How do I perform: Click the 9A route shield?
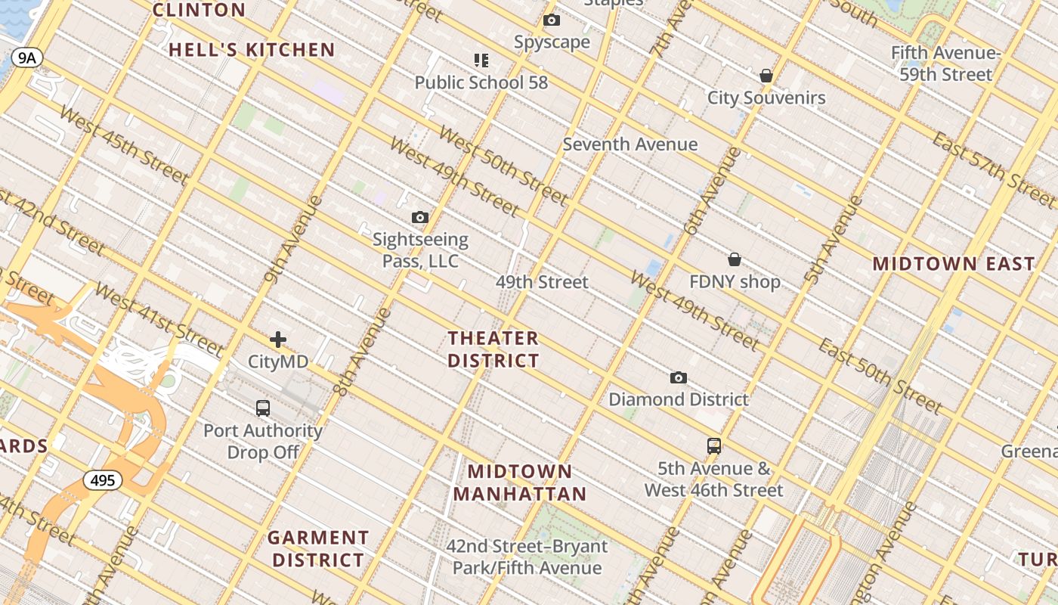coord(26,57)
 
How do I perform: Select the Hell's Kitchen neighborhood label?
coord(252,51)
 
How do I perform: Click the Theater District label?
coord(493,349)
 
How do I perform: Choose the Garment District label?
coord(318,549)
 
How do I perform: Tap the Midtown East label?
coord(954,264)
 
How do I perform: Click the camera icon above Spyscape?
coord(552,20)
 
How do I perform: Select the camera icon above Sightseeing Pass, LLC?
coord(420,218)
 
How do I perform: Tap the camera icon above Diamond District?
coord(679,377)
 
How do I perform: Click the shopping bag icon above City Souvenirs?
coord(766,76)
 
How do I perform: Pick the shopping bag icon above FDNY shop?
coord(734,259)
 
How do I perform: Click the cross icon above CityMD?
coord(278,340)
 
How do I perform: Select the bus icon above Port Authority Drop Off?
coord(263,408)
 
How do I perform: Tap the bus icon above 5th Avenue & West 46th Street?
coord(713,445)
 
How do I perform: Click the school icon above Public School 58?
coord(481,60)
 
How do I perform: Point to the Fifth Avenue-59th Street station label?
coord(945,64)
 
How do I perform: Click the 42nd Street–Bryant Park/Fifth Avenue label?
coord(526,557)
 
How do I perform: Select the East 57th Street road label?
coord(993,170)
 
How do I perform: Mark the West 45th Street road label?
coord(122,144)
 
